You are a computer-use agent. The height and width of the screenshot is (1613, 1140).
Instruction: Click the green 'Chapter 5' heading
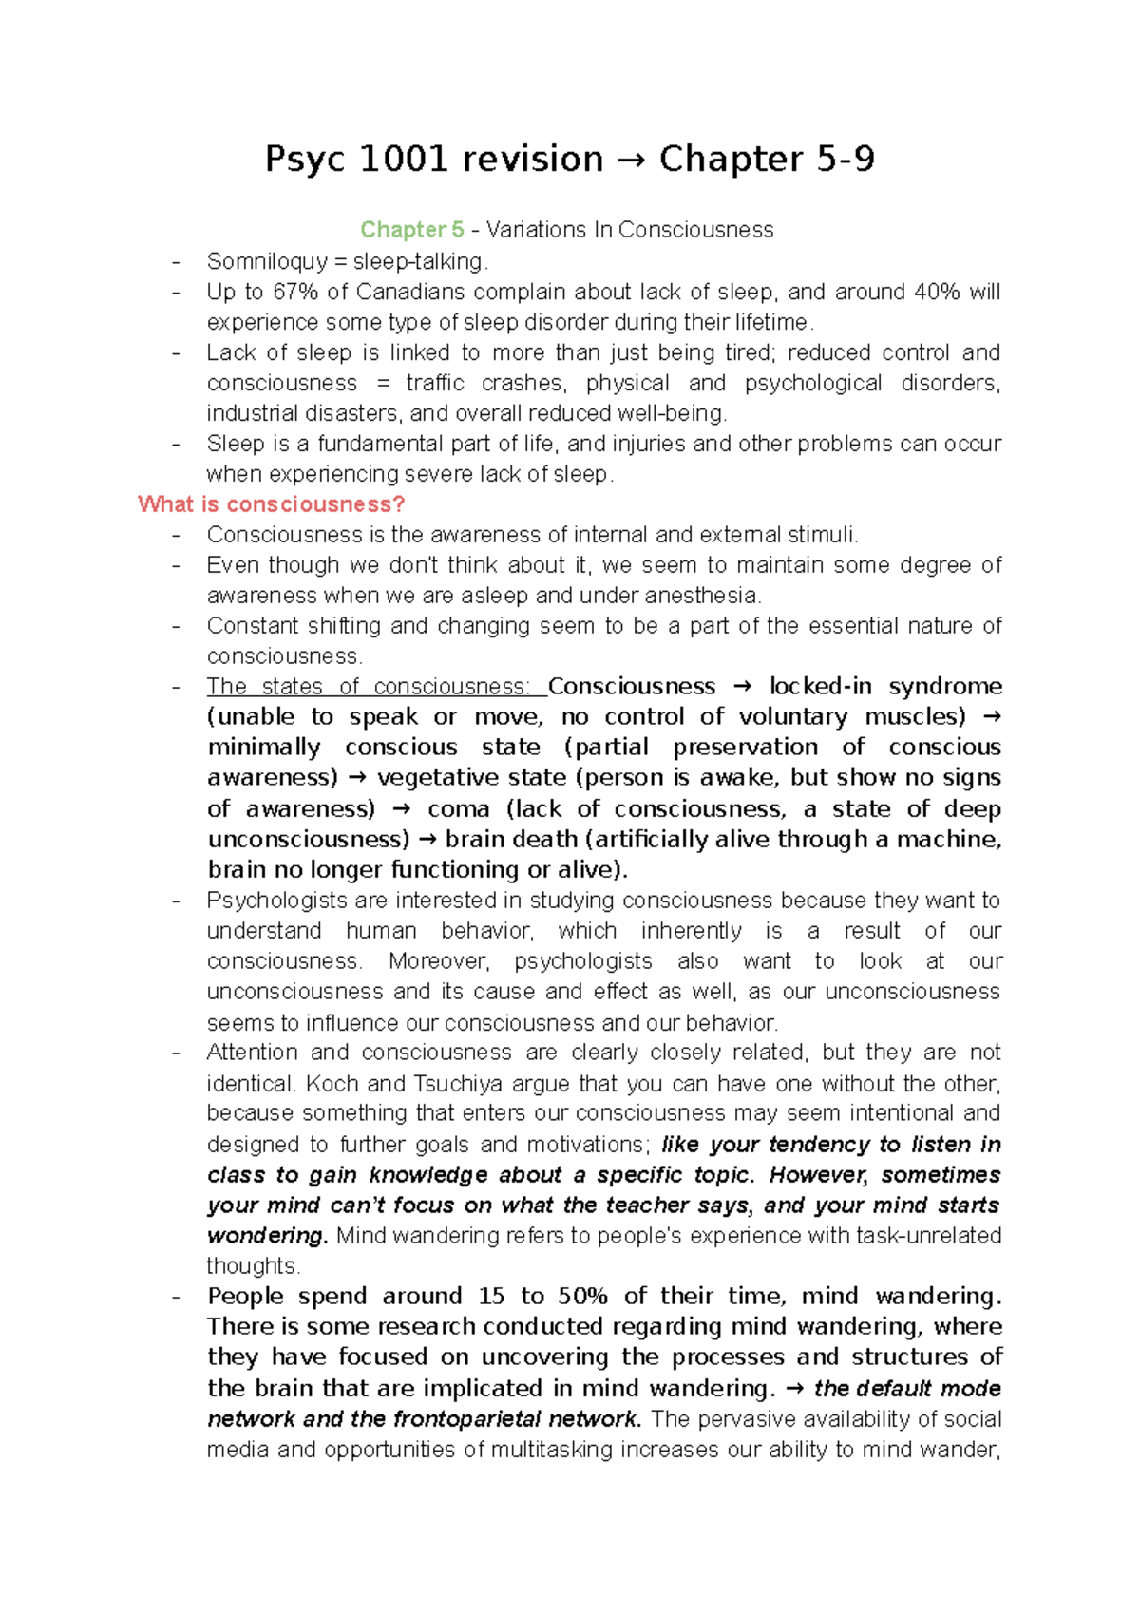tap(411, 230)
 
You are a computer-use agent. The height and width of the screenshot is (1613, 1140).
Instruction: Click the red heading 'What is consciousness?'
tap(271, 504)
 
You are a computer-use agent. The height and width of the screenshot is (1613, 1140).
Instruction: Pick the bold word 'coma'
tap(459, 809)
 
